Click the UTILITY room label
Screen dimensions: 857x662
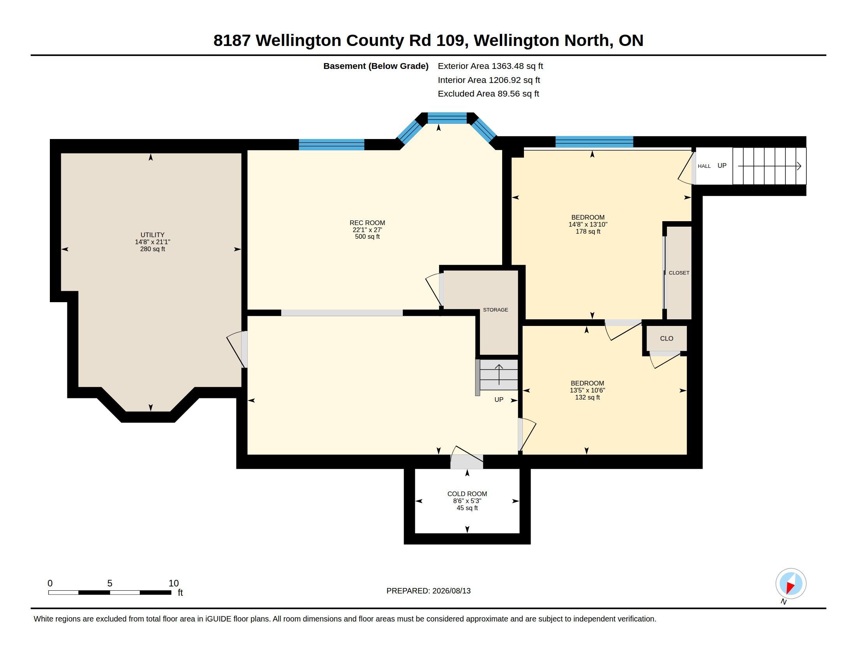(152, 235)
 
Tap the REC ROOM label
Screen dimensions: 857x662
(367, 223)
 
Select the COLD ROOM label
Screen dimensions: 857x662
(467, 494)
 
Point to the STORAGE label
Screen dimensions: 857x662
(495, 310)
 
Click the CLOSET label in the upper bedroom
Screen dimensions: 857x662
(679, 273)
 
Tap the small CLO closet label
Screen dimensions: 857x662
(666, 338)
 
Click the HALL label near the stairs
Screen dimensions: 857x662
(704, 166)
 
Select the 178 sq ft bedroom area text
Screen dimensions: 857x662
(588, 231)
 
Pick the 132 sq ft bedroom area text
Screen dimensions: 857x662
(587, 397)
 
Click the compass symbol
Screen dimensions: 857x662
(791, 584)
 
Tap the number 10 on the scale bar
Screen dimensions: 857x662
(173, 583)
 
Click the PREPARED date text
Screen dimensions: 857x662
(428, 591)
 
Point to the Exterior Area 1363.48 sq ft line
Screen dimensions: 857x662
(490, 66)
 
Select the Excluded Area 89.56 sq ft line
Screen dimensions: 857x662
(488, 93)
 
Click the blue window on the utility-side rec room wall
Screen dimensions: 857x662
(332, 145)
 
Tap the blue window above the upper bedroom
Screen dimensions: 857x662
(594, 142)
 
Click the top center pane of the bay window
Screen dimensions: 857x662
(447, 118)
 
